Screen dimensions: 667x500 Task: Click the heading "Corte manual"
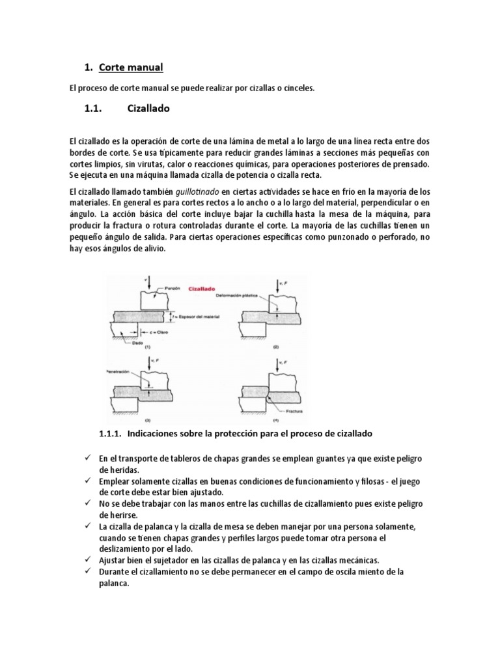pos(131,68)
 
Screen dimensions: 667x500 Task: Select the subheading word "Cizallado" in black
pos(147,109)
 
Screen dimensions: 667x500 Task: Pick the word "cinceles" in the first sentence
pos(297,89)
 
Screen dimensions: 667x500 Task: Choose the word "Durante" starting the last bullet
pos(115,572)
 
